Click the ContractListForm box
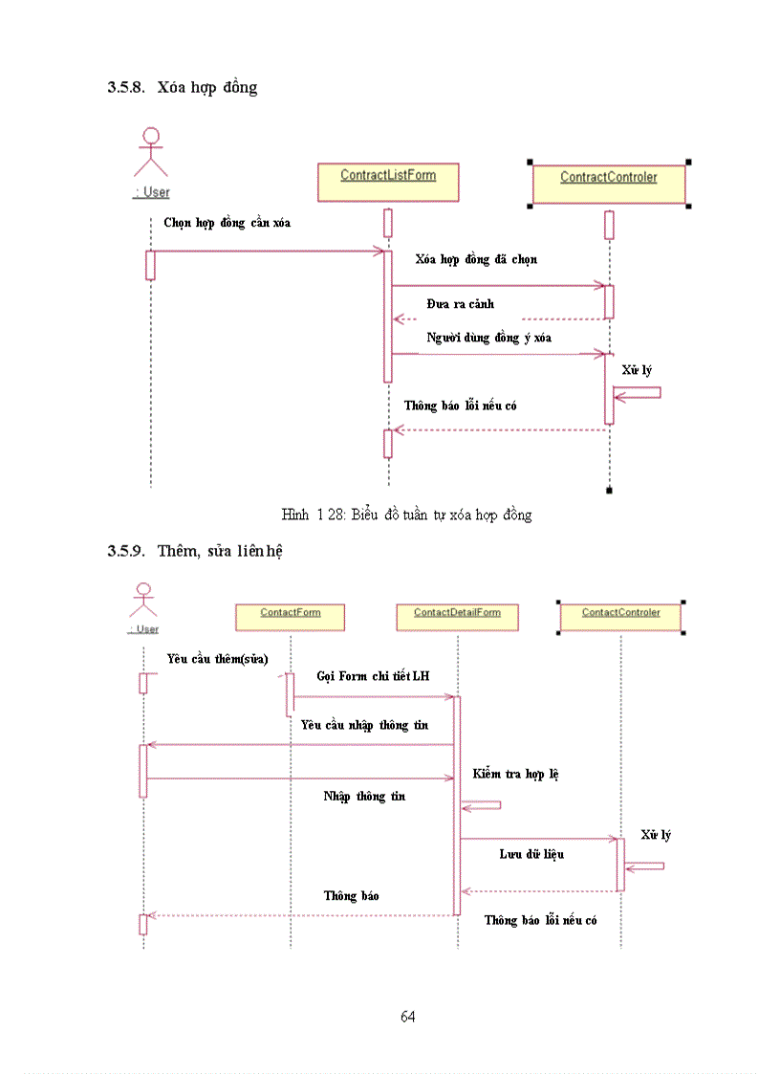(x=387, y=182)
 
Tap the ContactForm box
(x=290, y=617)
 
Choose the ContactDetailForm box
(x=457, y=617)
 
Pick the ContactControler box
(x=620, y=617)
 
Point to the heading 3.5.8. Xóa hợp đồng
(x=183, y=87)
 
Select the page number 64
(x=407, y=1016)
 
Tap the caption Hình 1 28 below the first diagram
(x=406, y=515)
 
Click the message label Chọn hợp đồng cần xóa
(x=227, y=223)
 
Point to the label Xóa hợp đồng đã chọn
(x=476, y=259)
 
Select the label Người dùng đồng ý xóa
(x=488, y=338)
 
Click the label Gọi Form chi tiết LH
(x=373, y=676)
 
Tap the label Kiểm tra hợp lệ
(x=515, y=773)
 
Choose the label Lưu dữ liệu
(x=531, y=853)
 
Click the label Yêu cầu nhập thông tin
(x=364, y=725)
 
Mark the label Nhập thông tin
(x=364, y=796)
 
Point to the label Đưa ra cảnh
(x=461, y=304)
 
